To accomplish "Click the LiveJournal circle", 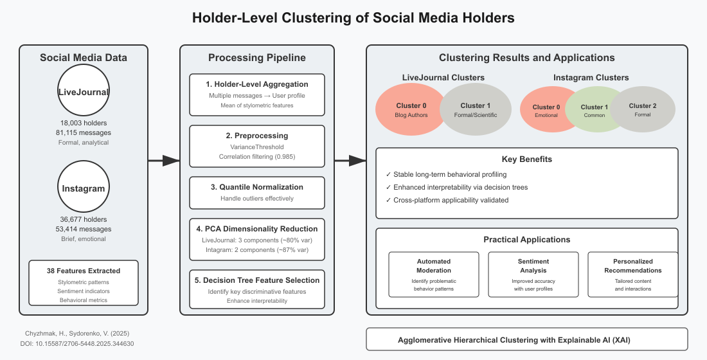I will point(84,92).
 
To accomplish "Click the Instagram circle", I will point(84,188).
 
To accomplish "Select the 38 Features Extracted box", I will point(84,282).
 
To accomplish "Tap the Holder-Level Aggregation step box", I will point(257,94).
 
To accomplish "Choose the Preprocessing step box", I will point(257,146).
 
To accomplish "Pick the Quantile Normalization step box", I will point(257,192).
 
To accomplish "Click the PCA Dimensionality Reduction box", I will point(257,238).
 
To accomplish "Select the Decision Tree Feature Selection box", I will point(257,290).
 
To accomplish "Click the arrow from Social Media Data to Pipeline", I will point(164,161).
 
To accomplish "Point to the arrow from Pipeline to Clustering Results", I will point(350,161).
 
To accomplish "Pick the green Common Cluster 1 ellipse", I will point(593,111).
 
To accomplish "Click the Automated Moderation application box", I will point(434,274).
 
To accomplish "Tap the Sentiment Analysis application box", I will point(533,274).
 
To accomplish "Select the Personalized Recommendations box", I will point(633,274).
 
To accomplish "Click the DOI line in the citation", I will point(77,344).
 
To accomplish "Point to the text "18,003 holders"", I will point(84,122).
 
